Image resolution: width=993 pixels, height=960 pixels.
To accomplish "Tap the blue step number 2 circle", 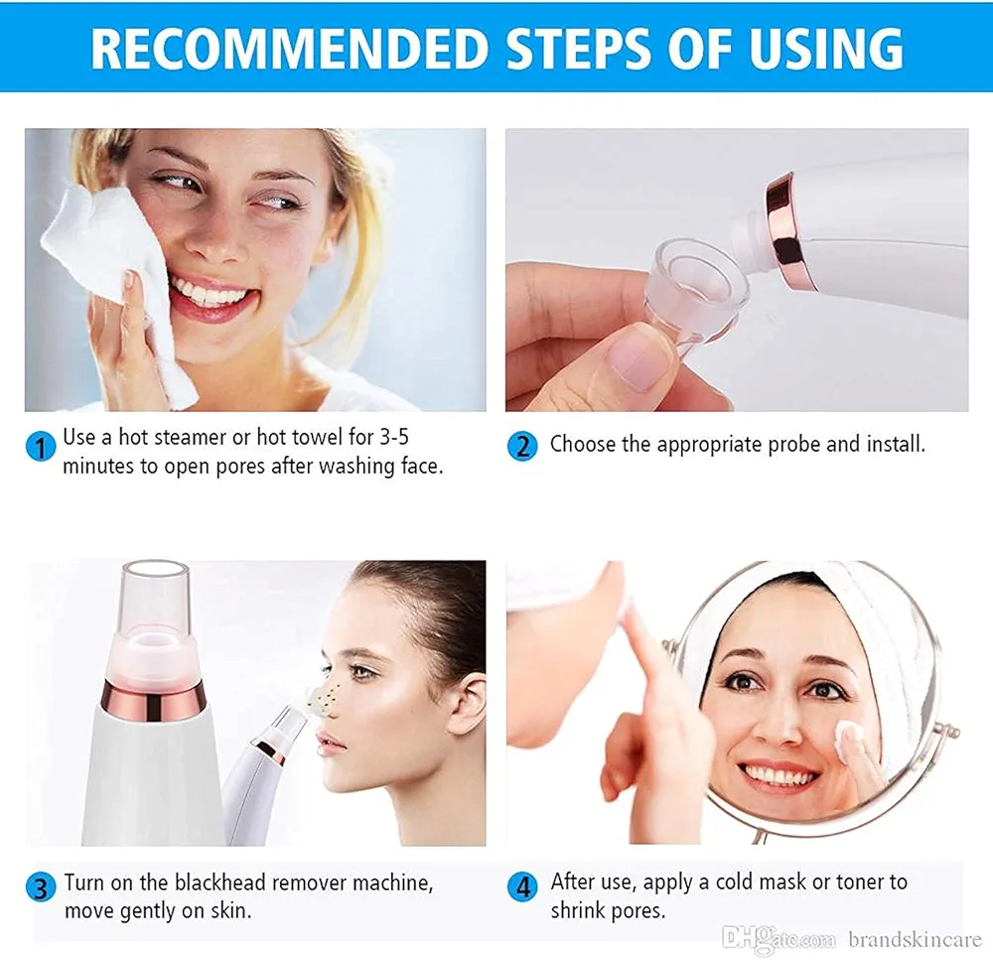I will (x=522, y=446).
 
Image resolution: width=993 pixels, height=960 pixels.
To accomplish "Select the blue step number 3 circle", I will (x=40, y=887).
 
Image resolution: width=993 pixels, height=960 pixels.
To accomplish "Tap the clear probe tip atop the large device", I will (x=154, y=596).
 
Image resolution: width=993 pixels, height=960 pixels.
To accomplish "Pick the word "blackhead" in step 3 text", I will (x=221, y=883).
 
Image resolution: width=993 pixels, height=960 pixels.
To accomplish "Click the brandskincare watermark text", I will (x=914, y=939).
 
